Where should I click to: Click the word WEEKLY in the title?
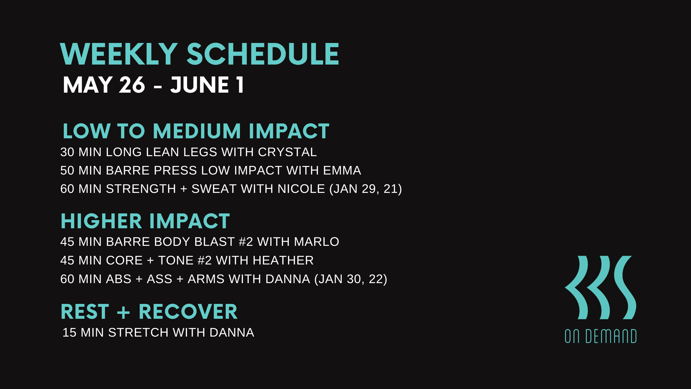[119, 54]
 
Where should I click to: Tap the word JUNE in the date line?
[200, 85]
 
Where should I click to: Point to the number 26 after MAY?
[132, 85]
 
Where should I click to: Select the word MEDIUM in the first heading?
[197, 131]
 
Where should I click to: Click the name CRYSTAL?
[287, 152]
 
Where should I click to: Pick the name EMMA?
[342, 170]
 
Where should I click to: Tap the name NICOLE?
[301, 189]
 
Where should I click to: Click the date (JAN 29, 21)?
[365, 189]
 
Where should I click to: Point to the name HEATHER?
[283, 260]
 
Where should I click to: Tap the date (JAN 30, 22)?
[351, 279]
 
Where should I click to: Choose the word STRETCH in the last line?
[138, 333]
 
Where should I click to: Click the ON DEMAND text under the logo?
[601, 336]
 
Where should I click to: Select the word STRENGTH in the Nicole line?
[141, 189]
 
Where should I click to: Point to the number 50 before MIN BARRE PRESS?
[67, 170]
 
